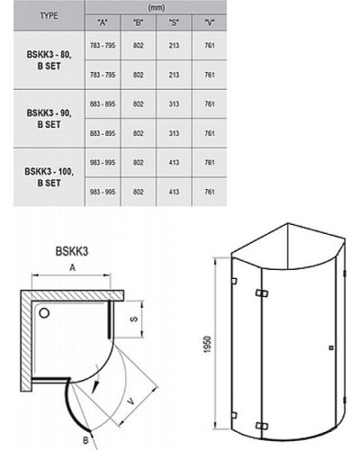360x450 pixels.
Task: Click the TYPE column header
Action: [49, 15]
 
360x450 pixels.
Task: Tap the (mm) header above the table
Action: [157, 7]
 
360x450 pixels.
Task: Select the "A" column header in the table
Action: [103, 22]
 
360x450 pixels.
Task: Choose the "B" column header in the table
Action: [138, 22]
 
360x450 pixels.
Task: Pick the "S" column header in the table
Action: [174, 22]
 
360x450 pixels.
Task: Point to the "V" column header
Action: [210, 22]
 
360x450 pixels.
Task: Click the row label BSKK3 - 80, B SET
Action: [49, 60]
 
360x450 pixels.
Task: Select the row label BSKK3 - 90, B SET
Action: [49, 119]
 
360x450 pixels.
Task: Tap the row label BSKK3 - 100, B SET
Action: [49, 177]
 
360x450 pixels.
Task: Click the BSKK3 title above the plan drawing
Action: [72, 251]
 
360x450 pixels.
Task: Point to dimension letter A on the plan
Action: [72, 267]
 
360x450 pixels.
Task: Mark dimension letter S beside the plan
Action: [134, 319]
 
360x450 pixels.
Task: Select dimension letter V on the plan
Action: [130, 400]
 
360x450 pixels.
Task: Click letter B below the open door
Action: [85, 440]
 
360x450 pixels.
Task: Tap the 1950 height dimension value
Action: [207, 345]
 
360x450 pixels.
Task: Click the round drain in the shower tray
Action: [44, 313]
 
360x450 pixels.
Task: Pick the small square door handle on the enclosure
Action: [331, 347]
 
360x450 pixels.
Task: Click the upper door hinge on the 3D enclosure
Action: [262, 293]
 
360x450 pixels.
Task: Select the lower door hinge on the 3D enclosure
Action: [262, 426]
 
